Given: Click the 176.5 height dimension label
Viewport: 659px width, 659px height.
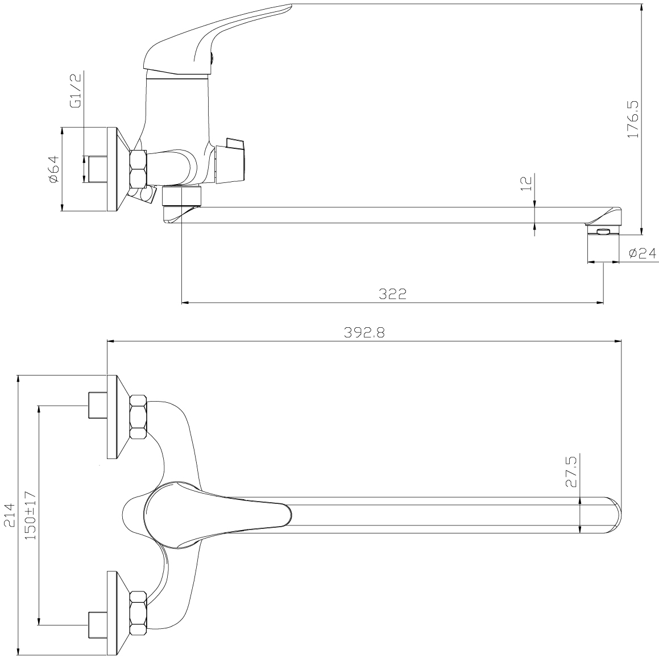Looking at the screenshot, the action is click(633, 119).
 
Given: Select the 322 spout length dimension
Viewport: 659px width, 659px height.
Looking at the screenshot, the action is click(392, 293).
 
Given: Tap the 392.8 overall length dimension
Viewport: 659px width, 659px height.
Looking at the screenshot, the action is click(364, 332).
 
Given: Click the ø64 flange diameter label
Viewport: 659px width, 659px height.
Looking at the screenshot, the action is click(55, 169).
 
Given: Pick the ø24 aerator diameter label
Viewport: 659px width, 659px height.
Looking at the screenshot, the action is click(642, 253).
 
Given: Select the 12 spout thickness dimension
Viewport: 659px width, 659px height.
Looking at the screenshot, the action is click(527, 183).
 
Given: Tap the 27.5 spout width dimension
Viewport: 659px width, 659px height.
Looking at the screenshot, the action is click(571, 472).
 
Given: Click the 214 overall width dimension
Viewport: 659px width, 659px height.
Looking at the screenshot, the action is click(9, 515).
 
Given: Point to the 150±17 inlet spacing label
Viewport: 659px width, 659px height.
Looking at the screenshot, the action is click(31, 515).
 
